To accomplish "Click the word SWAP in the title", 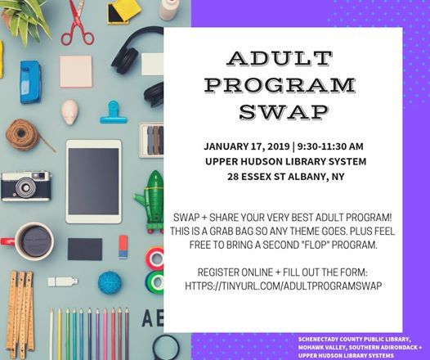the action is coord(284,111).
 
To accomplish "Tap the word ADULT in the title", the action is coord(280,58).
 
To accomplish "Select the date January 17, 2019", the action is coord(246,146).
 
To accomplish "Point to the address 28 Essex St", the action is coord(256,177).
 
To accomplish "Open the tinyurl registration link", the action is coord(284,286).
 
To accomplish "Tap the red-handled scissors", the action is coord(78,23).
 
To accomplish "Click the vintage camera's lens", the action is coord(25,187).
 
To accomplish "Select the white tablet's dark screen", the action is coord(93,182).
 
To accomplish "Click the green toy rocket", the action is coord(149,201).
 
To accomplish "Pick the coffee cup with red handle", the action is coord(29,241).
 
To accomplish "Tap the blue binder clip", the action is coord(114,113).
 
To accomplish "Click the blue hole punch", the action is coord(30,82).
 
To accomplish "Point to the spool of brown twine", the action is coord(23,135).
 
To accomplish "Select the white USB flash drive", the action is coord(63,281).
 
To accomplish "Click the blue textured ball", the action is coord(110,282).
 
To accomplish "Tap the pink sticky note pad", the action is coord(76,71).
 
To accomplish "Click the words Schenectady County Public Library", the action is coord(354,340).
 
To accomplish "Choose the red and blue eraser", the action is coord(123,247).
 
